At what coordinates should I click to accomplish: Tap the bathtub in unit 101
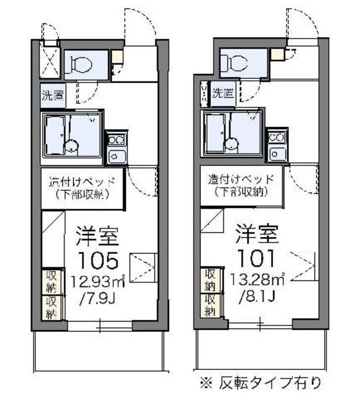215,133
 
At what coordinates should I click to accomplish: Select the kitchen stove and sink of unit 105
116,148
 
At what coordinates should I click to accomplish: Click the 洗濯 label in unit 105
53,96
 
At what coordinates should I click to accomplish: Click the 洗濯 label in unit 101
223,94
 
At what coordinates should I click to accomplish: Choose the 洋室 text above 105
97,236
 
